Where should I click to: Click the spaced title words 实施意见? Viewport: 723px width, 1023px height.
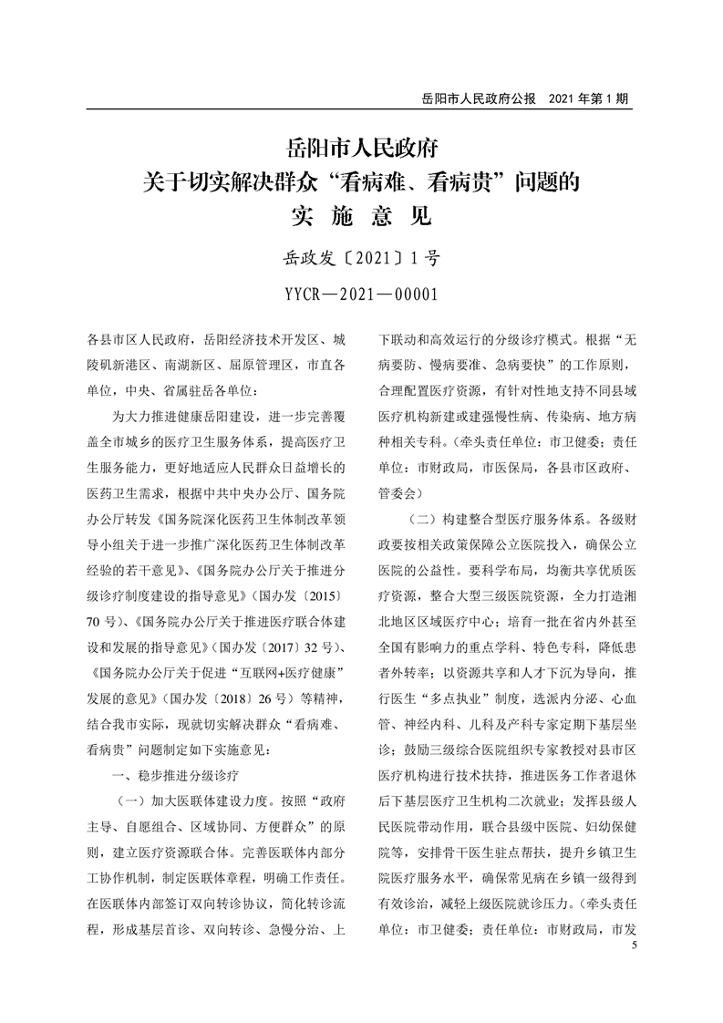pyautogui.click(x=362, y=219)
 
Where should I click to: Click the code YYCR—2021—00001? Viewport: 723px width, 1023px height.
pyautogui.click(x=362, y=294)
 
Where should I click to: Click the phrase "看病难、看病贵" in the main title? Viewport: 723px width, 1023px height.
pyautogui.click(x=415, y=181)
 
